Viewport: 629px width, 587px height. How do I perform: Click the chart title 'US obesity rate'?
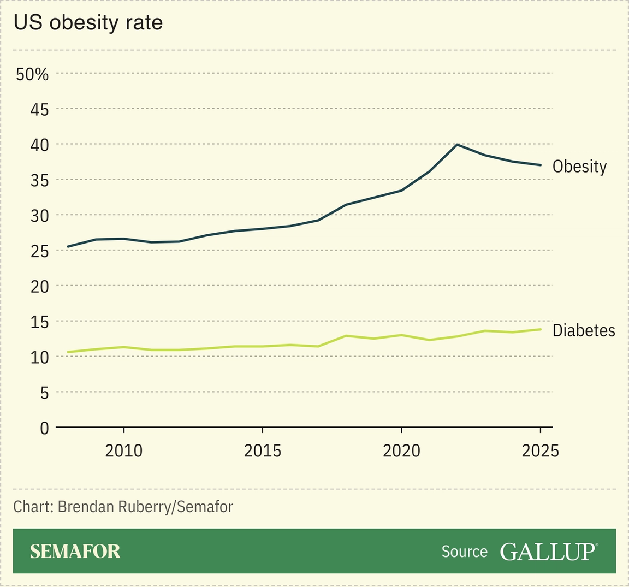tap(88, 23)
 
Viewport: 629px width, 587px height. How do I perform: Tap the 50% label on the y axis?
tap(32, 74)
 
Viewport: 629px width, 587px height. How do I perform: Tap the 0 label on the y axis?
tap(44, 428)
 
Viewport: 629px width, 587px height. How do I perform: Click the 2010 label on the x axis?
tap(124, 451)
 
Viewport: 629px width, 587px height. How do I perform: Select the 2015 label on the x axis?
tap(263, 451)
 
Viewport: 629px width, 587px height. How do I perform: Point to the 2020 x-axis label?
tap(401, 451)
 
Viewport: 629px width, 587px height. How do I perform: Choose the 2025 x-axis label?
tap(540, 451)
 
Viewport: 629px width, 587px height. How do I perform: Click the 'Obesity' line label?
tap(579, 166)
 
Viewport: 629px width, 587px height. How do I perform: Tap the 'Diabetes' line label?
tap(584, 330)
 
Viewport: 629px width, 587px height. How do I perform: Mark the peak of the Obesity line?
tap(457, 145)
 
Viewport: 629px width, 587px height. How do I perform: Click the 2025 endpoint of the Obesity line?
tap(540, 165)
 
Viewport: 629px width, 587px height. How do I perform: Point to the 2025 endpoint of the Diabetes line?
tap(540, 329)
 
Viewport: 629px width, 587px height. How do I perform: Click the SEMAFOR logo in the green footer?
tap(75, 552)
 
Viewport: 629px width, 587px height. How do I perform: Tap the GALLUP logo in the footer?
tap(548, 552)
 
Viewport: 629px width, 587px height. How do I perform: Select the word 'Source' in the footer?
tap(464, 552)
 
